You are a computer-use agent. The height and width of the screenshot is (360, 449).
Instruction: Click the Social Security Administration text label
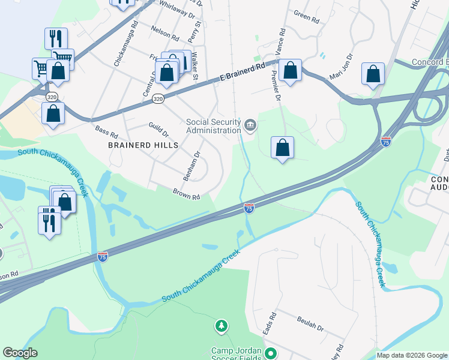tap(213, 126)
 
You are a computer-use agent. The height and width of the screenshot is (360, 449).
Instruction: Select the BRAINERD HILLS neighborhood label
tap(143, 145)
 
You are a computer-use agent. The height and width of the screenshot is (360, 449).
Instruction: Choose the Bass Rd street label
tap(106, 131)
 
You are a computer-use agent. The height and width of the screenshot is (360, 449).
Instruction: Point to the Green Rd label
tap(306, 17)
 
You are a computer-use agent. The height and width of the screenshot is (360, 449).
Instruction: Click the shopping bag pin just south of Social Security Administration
tap(282, 148)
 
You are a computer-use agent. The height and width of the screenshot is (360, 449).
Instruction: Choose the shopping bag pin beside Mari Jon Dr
tap(373, 74)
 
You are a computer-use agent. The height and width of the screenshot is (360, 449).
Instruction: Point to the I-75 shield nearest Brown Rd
tap(249, 208)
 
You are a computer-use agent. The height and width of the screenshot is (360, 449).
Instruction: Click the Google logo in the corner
tap(20, 353)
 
